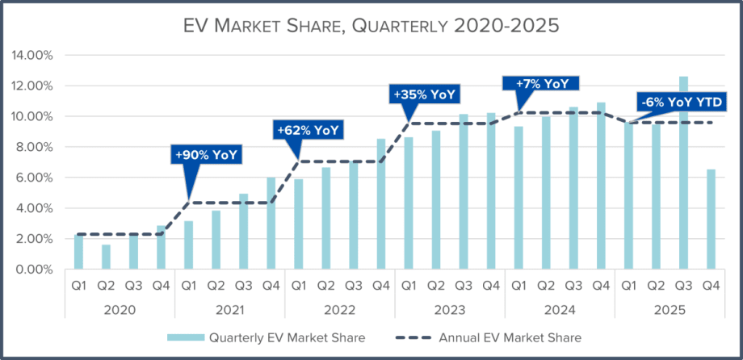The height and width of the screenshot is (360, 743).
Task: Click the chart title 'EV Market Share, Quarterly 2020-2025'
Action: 371,25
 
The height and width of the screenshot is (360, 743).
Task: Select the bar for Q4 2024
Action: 601,186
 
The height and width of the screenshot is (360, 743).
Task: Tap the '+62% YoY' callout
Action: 308,129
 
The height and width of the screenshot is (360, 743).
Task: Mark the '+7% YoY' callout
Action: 538,82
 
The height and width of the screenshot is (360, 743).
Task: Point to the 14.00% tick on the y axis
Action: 31,56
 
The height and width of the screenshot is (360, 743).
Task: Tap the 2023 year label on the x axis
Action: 450,309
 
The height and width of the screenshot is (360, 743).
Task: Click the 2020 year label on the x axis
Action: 120,309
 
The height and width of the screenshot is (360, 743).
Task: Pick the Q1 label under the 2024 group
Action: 518,286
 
